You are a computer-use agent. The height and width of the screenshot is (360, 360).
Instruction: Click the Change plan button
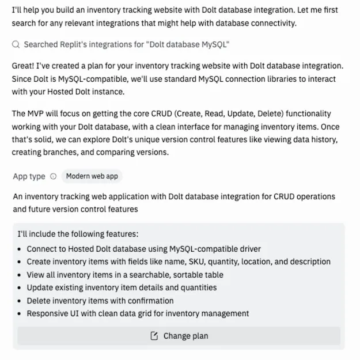[179, 336]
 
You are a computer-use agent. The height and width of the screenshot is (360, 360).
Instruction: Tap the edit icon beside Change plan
[154, 336]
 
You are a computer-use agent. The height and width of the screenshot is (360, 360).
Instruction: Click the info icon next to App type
[54, 177]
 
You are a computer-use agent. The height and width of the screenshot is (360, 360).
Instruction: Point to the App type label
[29, 177]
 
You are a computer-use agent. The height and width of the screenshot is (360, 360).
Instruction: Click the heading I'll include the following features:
[78, 235]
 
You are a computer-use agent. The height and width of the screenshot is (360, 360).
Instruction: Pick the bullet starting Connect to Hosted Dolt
[144, 249]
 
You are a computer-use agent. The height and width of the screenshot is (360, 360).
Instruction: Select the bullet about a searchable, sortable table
[125, 275]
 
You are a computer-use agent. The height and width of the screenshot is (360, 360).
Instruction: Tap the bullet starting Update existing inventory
[122, 287]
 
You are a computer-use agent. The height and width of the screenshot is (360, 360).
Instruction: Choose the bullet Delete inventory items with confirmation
[100, 301]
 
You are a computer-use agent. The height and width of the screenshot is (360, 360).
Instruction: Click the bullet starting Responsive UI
[138, 314]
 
